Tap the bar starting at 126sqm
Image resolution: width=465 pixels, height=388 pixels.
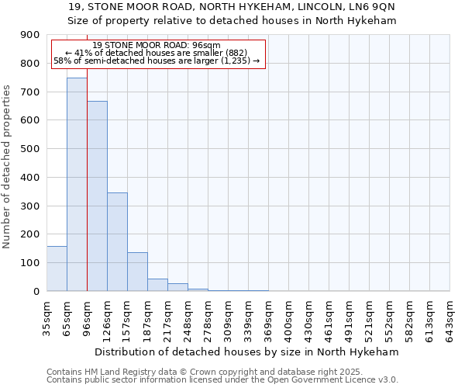click(x=117, y=241)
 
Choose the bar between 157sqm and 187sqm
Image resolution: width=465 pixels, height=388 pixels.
click(x=137, y=272)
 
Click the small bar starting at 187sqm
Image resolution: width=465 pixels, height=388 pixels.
click(x=157, y=285)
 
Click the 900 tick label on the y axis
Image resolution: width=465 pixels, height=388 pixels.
click(x=30, y=35)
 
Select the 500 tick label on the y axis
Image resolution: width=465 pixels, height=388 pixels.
click(x=30, y=149)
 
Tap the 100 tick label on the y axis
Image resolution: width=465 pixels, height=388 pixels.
click(x=30, y=263)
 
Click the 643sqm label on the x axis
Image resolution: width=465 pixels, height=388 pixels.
click(x=449, y=314)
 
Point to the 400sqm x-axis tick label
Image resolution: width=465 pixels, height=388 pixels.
click(x=288, y=314)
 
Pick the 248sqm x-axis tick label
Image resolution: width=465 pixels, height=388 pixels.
click(x=188, y=314)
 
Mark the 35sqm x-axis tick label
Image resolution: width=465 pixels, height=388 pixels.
click(x=46, y=314)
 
